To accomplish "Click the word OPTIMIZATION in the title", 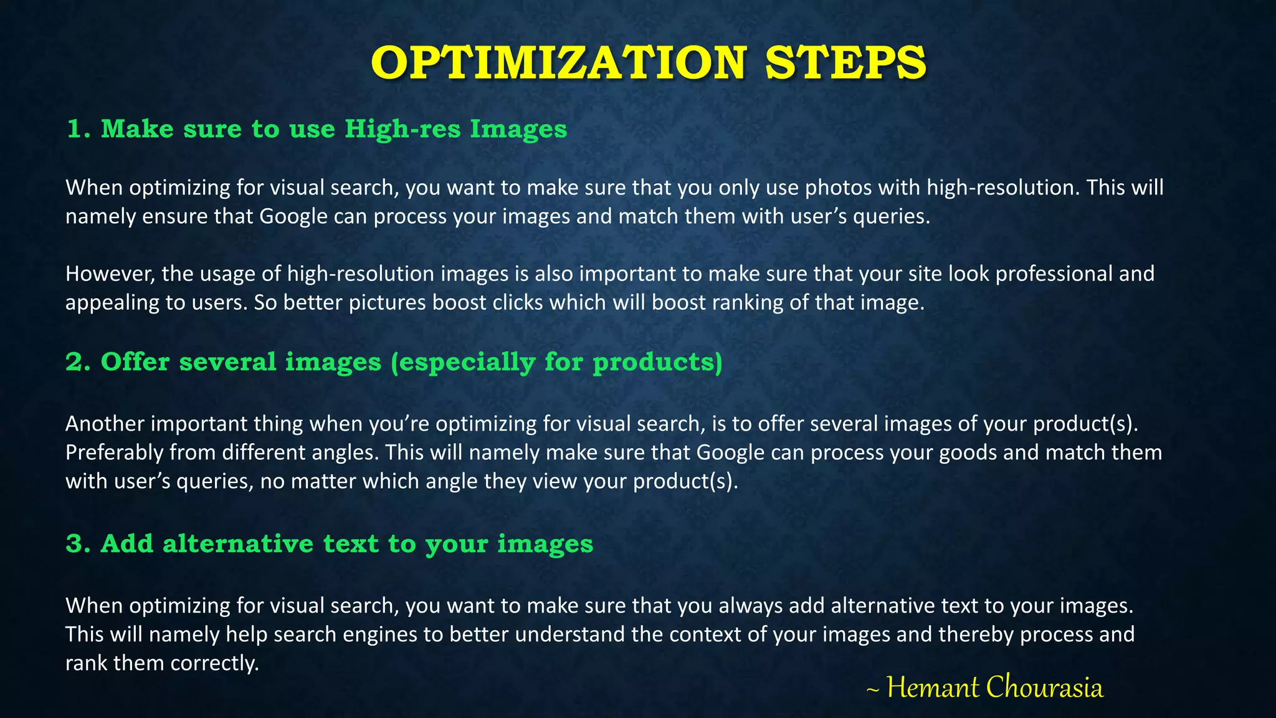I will click(x=558, y=63).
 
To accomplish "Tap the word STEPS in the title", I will click(x=846, y=63).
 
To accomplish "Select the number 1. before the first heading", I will click(x=79, y=129).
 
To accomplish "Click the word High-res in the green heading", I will click(x=402, y=129).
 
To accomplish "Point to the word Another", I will click(x=105, y=424).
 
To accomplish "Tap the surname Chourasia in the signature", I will click(x=1045, y=687).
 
